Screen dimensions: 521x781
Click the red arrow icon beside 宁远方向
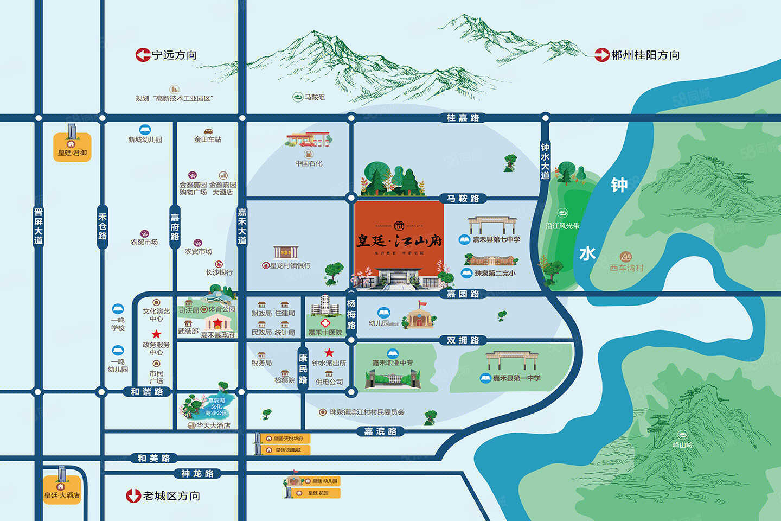coord(143,55)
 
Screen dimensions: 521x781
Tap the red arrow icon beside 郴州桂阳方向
coord(602,55)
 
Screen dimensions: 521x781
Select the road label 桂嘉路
coord(463,118)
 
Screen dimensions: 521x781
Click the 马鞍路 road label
coord(463,199)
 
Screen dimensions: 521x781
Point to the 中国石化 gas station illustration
coord(308,140)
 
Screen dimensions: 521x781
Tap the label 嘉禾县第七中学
coord(496,239)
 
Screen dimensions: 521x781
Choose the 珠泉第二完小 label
coord(495,273)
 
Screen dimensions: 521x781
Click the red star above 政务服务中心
coord(156,334)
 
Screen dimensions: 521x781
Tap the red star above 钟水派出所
coord(329,353)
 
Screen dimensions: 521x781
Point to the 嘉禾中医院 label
coord(325,333)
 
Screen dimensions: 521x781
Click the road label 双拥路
coord(463,341)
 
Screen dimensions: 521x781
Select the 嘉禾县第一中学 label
coord(516,378)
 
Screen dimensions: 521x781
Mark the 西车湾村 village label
coord(626,268)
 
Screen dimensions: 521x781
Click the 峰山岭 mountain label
coord(682,446)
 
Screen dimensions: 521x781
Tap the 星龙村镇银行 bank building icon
coord(286,252)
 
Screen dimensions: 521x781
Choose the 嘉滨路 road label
coord(380,432)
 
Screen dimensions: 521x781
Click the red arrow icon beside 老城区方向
coord(133,496)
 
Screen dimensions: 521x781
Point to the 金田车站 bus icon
coord(208,131)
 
